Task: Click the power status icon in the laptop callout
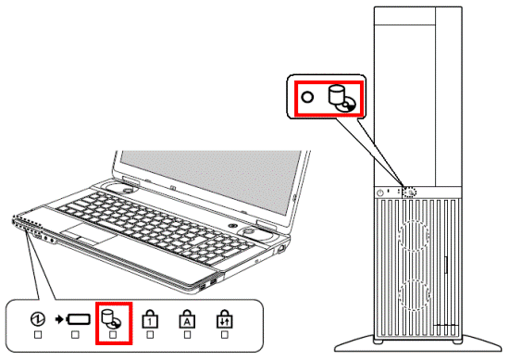coord(38,319)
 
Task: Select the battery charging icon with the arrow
coord(73,319)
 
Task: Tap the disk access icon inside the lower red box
coord(111,318)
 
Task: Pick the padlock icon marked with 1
coord(150,318)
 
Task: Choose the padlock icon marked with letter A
coord(187,318)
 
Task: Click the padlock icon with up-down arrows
coord(224,318)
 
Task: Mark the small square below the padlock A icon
coord(187,335)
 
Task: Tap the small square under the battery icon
coord(75,335)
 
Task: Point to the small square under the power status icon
coord(38,335)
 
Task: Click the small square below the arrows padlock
coord(224,335)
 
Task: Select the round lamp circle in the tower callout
coord(307,97)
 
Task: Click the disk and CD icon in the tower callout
coord(341,98)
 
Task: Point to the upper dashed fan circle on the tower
coord(414,235)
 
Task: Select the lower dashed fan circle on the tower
coord(414,294)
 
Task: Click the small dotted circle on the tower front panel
coord(410,192)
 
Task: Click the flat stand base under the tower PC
coord(418,344)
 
